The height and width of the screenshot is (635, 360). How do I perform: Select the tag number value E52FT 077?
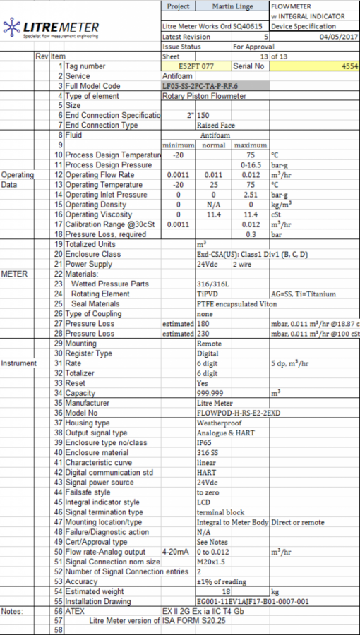pos(196,66)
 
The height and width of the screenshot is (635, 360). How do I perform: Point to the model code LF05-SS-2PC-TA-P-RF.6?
pos(200,86)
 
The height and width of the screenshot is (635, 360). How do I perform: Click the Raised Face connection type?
pos(216,125)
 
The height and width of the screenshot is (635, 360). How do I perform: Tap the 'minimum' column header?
pos(179,145)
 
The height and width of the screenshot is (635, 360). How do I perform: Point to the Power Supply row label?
pos(89,264)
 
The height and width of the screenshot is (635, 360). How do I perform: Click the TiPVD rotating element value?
pos(208,294)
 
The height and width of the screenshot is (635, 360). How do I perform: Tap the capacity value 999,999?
pos(210,392)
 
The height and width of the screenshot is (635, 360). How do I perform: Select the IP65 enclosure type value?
pos(205,442)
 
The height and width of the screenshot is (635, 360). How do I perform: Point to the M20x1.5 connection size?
pos(210,561)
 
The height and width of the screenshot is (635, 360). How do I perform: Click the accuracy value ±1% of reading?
pos(222,581)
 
